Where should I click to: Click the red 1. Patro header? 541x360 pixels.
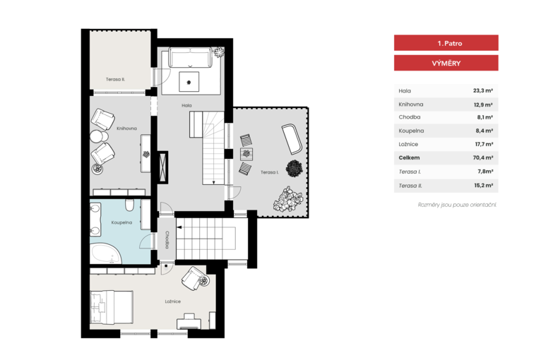[446, 43]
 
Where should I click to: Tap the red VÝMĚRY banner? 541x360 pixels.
[446, 63]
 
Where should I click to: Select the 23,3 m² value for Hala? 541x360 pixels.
[482, 90]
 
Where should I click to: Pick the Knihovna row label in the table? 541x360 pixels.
[410, 104]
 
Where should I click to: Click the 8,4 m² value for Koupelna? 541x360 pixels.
[484, 131]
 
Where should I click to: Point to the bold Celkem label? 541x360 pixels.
[409, 157]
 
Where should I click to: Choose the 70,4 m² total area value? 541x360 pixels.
[482, 157]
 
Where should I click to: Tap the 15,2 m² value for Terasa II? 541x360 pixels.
[483, 185]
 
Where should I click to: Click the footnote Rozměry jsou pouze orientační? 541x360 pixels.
[457, 205]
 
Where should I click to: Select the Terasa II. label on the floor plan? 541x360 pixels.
[115, 79]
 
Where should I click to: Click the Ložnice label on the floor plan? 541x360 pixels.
[172, 301]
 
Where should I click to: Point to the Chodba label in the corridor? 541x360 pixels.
[167, 240]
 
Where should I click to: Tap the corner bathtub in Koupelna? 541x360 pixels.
[105, 253]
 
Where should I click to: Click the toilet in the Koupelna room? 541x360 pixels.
[130, 205]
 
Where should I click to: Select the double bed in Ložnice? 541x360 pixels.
[112, 307]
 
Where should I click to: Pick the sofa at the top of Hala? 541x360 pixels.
[190, 58]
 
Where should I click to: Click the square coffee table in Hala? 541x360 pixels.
[189, 82]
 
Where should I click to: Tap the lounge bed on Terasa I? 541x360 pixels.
[292, 139]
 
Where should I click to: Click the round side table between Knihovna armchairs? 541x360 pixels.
[99, 136]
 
